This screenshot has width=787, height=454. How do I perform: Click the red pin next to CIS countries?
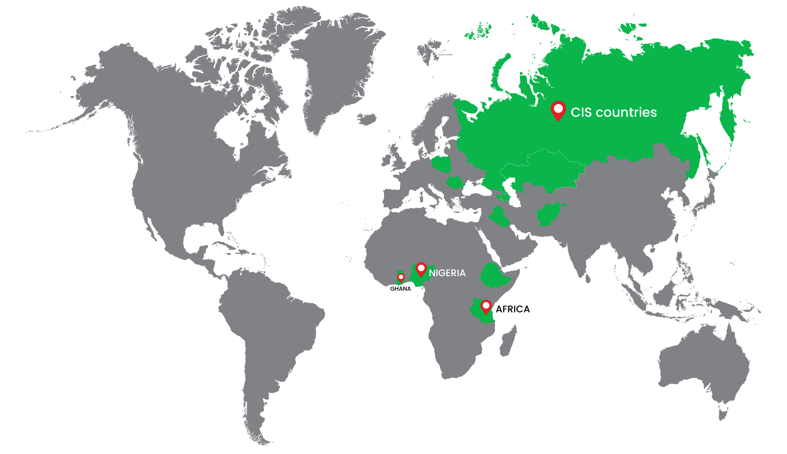pos(558,110)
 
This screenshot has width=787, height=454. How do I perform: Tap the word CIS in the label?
pos(581,112)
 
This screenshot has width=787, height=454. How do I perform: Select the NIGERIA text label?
pos(447,273)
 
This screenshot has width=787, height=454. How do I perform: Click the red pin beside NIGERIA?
pos(421,269)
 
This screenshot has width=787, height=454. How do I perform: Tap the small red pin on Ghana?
pos(401,278)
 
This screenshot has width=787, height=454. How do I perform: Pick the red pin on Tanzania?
pos(486,306)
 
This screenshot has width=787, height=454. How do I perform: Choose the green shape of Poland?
pos(441,164)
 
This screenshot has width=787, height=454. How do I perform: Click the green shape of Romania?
pos(454,182)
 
